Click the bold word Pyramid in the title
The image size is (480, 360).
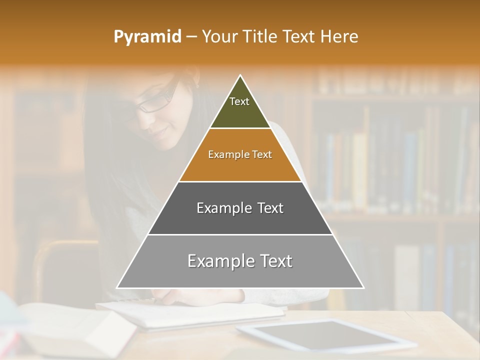147,37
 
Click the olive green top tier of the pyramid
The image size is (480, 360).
240,112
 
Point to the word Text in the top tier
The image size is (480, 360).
239,101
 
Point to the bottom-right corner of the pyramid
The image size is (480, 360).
363,288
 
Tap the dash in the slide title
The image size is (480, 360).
191,37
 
